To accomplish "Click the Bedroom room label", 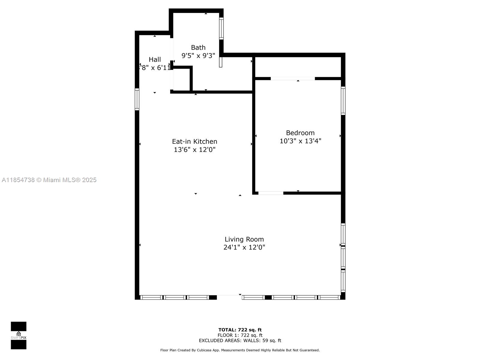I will pyautogui.click(x=300, y=133).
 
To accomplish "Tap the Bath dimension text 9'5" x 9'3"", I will pyautogui.click(x=198, y=56).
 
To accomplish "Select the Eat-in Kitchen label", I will pyautogui.click(x=194, y=142).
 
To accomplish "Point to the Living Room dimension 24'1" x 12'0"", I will pyautogui.click(x=244, y=247).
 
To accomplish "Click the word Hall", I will pyautogui.click(x=155, y=60).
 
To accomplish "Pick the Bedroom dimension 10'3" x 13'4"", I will pyautogui.click(x=300, y=141).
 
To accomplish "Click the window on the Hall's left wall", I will pyautogui.click(x=137, y=99).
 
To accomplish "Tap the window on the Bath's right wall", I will pyautogui.click(x=221, y=28).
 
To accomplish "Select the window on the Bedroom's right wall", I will pyautogui.click(x=343, y=101).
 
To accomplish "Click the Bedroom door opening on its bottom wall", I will pyautogui.click(x=271, y=193).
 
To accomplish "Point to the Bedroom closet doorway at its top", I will pyautogui.click(x=293, y=79).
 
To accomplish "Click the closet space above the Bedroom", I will pyautogui.click(x=298, y=67).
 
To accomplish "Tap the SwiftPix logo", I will pyautogui.click(x=19, y=335).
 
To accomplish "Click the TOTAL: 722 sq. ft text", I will pyautogui.click(x=240, y=330).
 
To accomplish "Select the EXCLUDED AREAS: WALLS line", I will pyautogui.click(x=240, y=340).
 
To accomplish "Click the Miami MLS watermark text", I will pyautogui.click(x=49, y=180).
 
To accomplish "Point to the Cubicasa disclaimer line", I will pyautogui.click(x=240, y=350).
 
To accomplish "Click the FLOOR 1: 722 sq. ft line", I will pyautogui.click(x=240, y=335).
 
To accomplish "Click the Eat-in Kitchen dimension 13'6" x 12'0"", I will pyautogui.click(x=194, y=150).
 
